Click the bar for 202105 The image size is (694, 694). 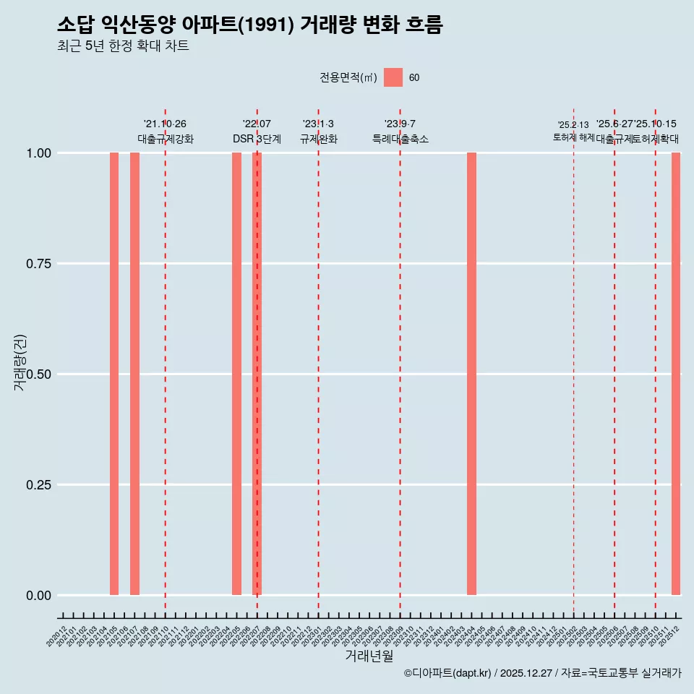(x=114, y=374)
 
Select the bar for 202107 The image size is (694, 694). (x=134, y=374)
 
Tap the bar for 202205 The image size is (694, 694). (x=236, y=374)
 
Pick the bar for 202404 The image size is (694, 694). (x=471, y=374)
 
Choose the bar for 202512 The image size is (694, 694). (x=676, y=374)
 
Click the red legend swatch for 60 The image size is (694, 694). (x=393, y=77)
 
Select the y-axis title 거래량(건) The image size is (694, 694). (x=20, y=362)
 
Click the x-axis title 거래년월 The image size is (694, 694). (x=369, y=656)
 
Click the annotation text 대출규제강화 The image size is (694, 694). (x=166, y=139)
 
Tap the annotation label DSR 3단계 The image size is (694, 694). (x=257, y=139)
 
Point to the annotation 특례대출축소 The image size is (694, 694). (x=400, y=139)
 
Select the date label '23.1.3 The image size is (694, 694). (x=318, y=124)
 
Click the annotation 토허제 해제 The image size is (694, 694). (x=574, y=137)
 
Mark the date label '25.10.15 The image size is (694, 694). (x=655, y=124)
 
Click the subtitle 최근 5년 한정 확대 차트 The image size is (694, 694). (x=123, y=46)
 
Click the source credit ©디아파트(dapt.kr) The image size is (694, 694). (x=447, y=673)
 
